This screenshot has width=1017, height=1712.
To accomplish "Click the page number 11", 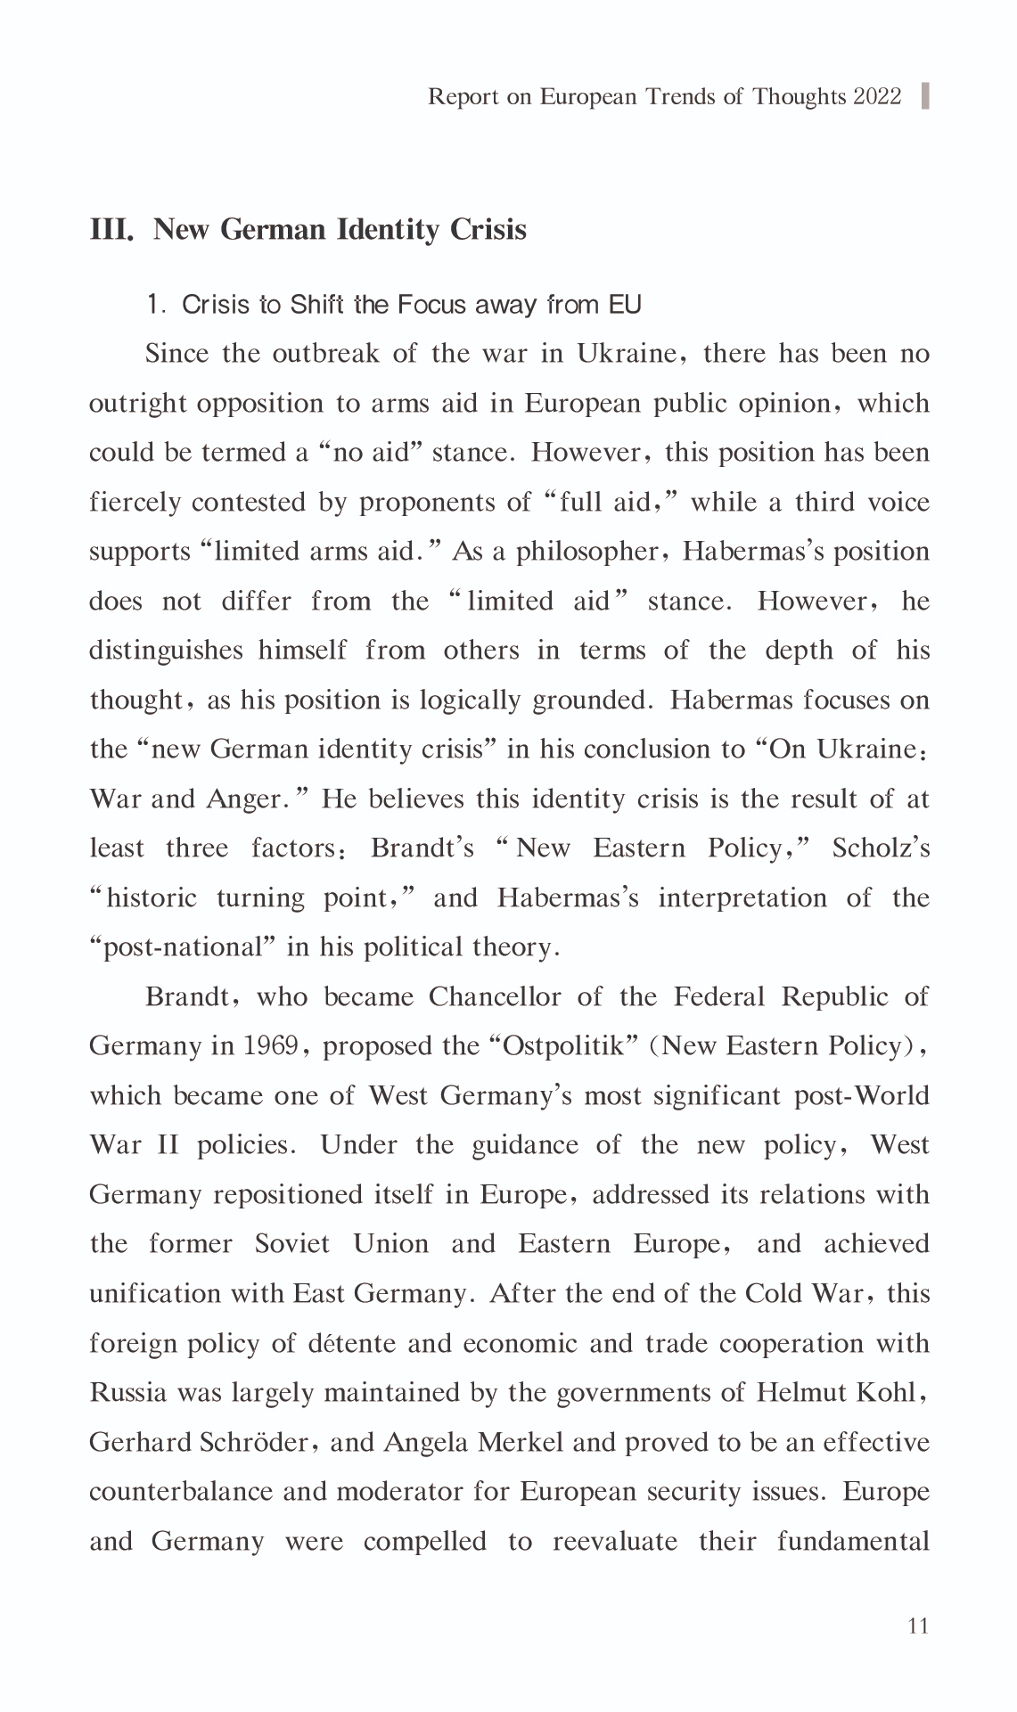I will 918,1626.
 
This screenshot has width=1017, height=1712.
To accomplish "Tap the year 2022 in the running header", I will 877,96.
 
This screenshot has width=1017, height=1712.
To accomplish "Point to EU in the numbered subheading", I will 625,305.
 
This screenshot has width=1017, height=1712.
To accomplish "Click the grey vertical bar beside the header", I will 924,95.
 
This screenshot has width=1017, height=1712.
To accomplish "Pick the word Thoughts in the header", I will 799,96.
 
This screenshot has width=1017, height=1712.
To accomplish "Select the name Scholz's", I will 881,848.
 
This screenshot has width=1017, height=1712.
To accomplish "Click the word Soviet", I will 291,1244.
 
